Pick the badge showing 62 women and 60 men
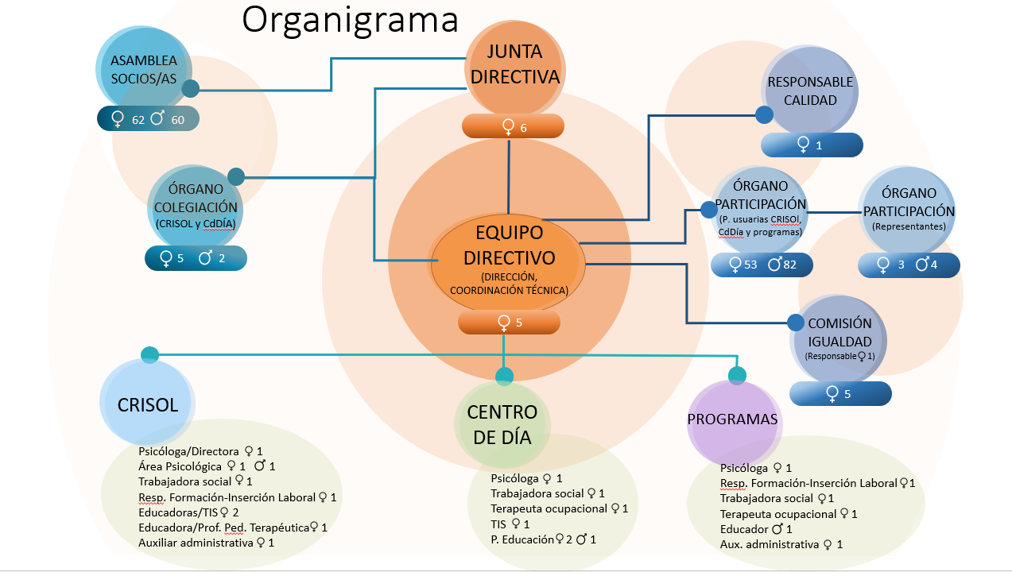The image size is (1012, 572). pos(148,119)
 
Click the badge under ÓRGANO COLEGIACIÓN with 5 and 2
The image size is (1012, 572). pos(196,258)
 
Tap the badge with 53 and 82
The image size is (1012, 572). pos(762,265)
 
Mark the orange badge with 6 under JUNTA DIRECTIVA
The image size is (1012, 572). pos(513,126)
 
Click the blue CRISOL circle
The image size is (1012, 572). pos(148,404)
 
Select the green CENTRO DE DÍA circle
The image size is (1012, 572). pos(502,424)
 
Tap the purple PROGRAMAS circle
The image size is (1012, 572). pos(732,419)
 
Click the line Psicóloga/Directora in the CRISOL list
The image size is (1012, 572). pos(200,451)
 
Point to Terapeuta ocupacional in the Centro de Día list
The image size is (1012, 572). pos(559,508)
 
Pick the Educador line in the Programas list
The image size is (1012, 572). pos(756,528)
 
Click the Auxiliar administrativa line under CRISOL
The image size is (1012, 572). pos(206,543)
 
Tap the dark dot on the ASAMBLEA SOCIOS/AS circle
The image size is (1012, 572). pos(191,88)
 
